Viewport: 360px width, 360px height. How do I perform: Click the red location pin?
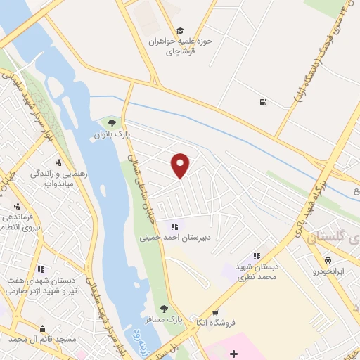(x=181, y=165)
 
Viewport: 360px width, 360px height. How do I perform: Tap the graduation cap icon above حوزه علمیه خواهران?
(x=180, y=31)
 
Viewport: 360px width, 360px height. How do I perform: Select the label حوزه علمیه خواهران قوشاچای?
(x=180, y=46)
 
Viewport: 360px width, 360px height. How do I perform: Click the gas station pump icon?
(x=263, y=103)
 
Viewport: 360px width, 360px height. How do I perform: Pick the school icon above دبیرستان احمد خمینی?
(x=174, y=226)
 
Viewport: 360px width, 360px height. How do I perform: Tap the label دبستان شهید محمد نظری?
(x=257, y=272)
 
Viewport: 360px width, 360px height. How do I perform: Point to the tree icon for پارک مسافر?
(x=164, y=309)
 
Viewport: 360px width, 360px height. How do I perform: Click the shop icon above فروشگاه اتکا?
(x=215, y=314)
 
